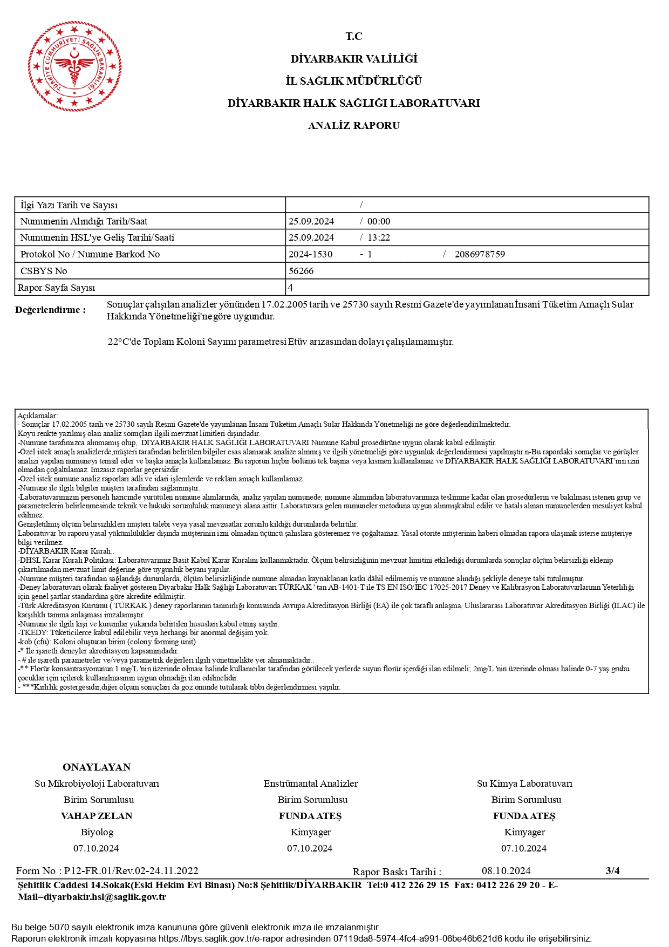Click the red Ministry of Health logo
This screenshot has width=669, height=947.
[74, 66]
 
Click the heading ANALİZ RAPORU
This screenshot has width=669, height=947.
[353, 126]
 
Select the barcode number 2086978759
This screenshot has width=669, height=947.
[480, 254]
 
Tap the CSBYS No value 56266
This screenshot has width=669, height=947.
[301, 271]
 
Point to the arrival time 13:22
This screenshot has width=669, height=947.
[379, 237]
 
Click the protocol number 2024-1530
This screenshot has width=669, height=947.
[311, 254]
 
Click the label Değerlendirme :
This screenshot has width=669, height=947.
[50, 310]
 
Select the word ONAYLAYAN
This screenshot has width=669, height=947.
[97, 767]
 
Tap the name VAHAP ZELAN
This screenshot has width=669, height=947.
[97, 816]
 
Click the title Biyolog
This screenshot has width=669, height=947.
[97, 832]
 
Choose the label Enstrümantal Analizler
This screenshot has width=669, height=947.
[310, 784]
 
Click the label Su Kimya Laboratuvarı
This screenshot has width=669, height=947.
[524, 784]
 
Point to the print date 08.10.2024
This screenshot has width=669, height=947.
[506, 871]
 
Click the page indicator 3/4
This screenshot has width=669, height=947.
[612, 870]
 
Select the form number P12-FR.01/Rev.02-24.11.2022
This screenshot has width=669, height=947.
[131, 871]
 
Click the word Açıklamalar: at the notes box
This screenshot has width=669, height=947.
[37, 415]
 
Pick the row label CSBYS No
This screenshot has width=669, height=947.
[44, 271]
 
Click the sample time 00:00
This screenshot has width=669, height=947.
[379, 221]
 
